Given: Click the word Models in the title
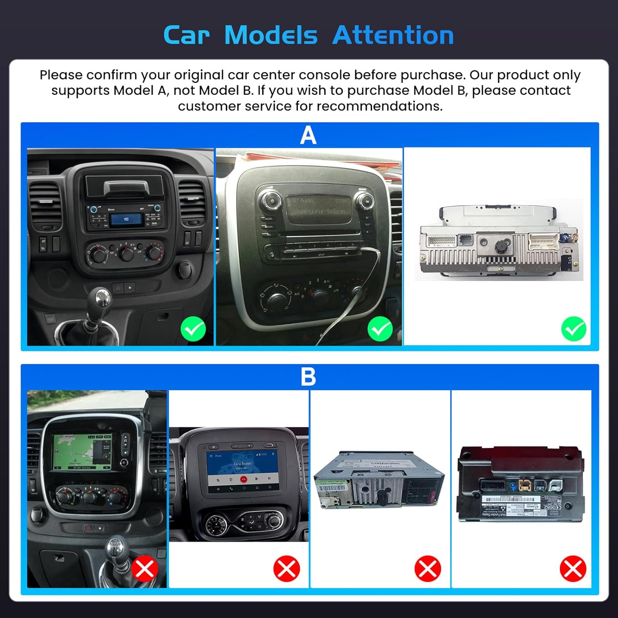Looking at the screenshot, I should [x=271, y=35].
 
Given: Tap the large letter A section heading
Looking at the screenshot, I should [x=308, y=135].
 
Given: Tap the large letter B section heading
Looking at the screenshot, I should [x=308, y=377].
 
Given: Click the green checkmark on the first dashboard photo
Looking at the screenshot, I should [x=193, y=329].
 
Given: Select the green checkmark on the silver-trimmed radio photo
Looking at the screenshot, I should [x=380, y=329].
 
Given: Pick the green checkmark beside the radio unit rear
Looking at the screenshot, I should [x=574, y=329].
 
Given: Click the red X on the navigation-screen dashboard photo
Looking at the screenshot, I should [x=145, y=569].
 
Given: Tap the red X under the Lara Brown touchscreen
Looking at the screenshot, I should [x=286, y=569].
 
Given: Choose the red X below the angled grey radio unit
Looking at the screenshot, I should [x=428, y=569].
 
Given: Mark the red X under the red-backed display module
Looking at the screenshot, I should [x=573, y=569].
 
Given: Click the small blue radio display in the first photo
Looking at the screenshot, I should [x=126, y=219].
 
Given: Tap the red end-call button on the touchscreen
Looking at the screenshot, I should [x=243, y=479].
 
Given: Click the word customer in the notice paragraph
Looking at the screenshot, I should [x=200, y=106].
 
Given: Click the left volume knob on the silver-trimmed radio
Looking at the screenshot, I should [x=272, y=201].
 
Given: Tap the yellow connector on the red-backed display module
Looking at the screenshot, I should [x=524, y=486].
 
